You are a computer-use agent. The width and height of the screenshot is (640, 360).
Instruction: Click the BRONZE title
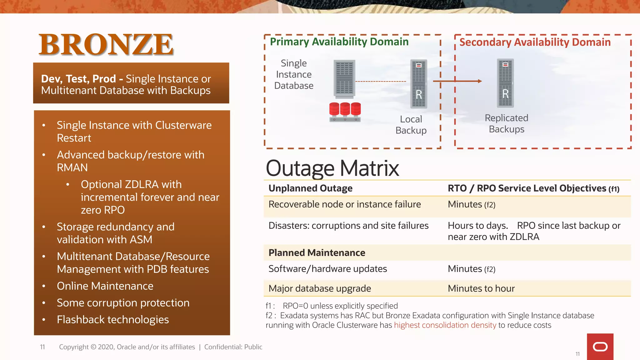click(x=106, y=44)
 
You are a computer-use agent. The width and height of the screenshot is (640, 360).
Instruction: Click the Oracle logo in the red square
click(x=600, y=347)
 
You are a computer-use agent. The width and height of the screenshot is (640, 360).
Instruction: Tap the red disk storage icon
click(x=345, y=112)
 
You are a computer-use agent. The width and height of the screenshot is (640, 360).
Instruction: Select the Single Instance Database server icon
click(x=344, y=79)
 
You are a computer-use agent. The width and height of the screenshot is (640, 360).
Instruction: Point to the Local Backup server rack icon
click(x=418, y=84)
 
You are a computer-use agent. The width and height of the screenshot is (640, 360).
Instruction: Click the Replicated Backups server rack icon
click(x=505, y=83)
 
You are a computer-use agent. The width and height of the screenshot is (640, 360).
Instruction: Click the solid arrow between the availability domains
click(x=457, y=81)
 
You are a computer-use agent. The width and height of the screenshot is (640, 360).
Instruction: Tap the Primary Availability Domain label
click(x=339, y=42)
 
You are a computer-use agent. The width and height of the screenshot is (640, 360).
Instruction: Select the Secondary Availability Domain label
click(x=535, y=42)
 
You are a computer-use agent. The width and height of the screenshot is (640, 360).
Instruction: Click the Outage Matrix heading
click(x=332, y=168)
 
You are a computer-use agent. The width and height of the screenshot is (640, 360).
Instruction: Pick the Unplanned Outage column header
click(x=310, y=188)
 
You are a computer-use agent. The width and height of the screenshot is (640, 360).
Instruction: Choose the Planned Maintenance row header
click(x=317, y=252)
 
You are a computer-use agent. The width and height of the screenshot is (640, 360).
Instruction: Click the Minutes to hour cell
click(x=481, y=288)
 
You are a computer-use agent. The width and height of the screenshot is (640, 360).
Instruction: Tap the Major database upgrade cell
click(x=319, y=288)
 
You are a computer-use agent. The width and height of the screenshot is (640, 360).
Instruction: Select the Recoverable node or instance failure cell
click(x=344, y=204)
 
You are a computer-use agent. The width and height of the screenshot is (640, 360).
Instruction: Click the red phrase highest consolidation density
click(x=445, y=325)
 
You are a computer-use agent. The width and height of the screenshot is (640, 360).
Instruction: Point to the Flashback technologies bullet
click(x=112, y=320)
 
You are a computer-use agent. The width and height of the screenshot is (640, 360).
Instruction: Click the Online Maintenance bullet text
click(x=105, y=286)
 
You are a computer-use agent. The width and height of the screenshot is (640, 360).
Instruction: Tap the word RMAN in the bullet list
click(x=72, y=167)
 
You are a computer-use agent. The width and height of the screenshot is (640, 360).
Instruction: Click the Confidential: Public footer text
click(x=233, y=347)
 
